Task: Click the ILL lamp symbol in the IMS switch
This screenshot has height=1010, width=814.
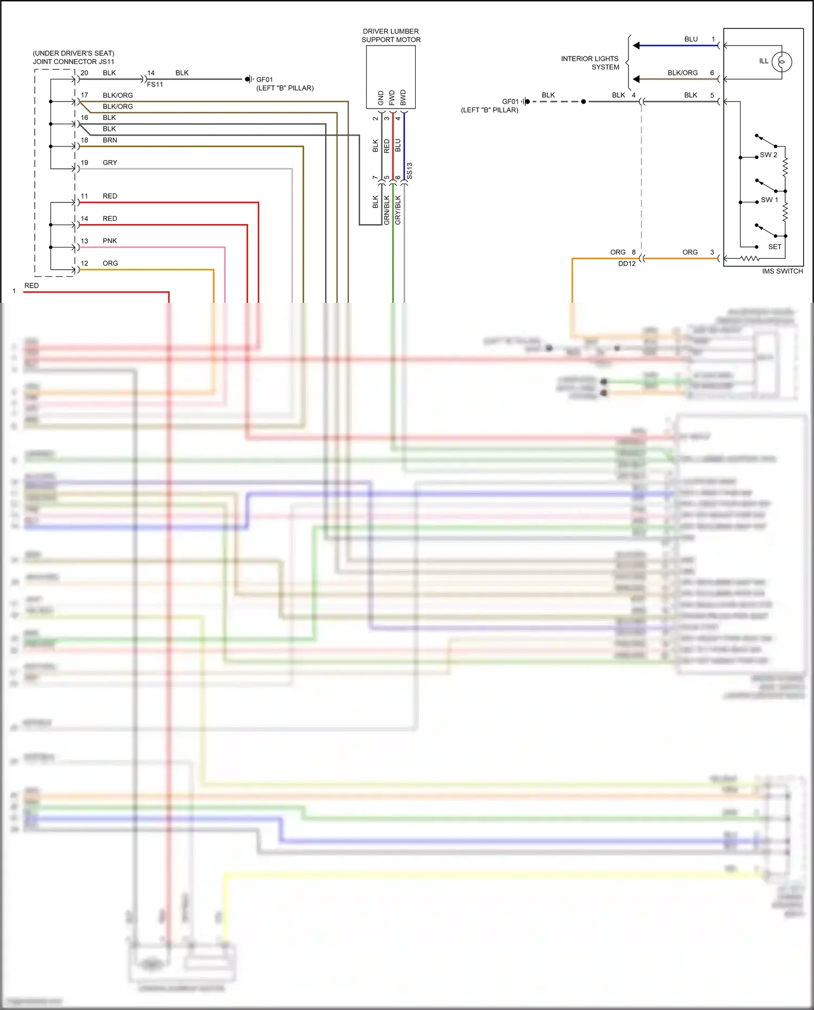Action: [781, 62]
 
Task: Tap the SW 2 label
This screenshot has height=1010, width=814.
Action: [768, 155]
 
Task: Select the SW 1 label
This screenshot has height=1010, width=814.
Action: [769, 200]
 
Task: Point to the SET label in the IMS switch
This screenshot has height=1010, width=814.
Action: [774, 247]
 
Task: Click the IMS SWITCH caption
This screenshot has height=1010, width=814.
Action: [782, 271]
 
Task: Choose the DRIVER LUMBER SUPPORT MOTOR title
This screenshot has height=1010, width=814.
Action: [391, 36]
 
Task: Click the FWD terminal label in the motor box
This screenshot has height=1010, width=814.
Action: [392, 98]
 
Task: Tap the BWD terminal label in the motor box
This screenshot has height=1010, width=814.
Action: [403, 98]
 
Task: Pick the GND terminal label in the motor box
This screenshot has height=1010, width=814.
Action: [380, 98]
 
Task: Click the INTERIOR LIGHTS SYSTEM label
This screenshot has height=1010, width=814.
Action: [590, 63]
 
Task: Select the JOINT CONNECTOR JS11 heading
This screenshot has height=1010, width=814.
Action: [73, 62]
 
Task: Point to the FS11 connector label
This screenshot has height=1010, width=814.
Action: [155, 85]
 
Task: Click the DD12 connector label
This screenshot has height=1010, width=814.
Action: [627, 264]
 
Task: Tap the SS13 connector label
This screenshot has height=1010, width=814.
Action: [410, 170]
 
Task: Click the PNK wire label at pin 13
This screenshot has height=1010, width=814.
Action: [110, 241]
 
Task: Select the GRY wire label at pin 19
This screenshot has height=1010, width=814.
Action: [110, 163]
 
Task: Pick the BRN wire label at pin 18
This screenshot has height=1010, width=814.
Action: [110, 140]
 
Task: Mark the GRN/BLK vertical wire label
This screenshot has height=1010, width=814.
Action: [387, 210]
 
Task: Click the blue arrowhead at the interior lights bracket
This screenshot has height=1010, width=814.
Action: [637, 46]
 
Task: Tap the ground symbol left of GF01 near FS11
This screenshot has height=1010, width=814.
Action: [248, 79]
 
